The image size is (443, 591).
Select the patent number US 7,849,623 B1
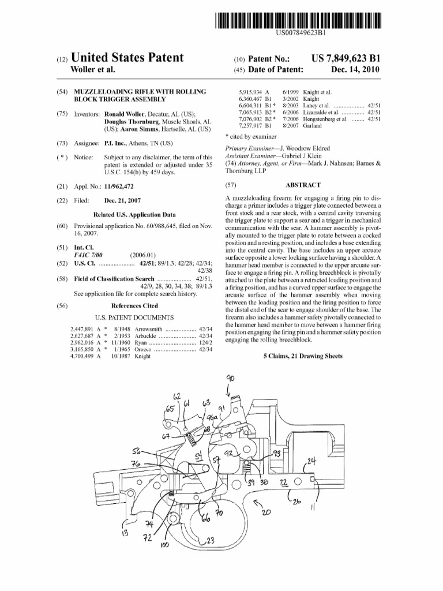pos(346,58)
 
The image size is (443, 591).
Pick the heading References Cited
pos(134,306)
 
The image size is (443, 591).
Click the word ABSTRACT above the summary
pos(302,185)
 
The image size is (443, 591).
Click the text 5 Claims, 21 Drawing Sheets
pos(302,356)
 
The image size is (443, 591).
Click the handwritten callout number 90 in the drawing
pos(231,378)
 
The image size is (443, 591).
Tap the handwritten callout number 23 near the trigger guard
pos(210,541)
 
